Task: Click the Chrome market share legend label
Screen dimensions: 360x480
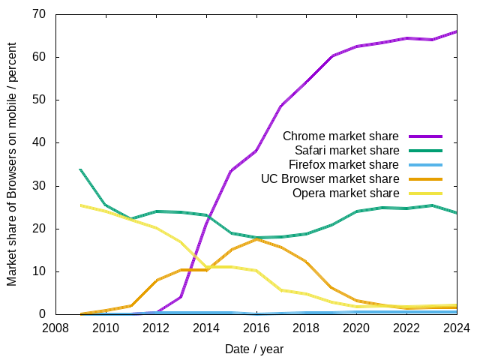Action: (340, 136)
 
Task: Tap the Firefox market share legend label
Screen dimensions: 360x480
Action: (343, 165)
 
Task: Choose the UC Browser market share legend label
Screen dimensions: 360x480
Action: (330, 179)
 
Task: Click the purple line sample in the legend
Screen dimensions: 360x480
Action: (425, 136)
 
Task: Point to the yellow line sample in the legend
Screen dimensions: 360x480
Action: (425, 193)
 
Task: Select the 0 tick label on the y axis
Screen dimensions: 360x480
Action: (43, 314)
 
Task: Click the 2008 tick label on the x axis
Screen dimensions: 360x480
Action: (55, 328)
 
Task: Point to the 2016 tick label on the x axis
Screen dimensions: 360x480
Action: (256, 328)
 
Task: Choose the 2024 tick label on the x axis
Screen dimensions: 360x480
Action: (457, 328)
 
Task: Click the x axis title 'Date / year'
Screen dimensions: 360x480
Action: (255, 349)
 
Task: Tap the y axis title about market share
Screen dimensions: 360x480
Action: (12, 164)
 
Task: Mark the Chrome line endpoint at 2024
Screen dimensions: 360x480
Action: (457, 31)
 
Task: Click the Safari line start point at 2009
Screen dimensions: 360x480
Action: (79, 169)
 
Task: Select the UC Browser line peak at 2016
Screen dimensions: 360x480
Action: (256, 238)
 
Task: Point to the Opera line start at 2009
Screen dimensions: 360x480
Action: (79, 205)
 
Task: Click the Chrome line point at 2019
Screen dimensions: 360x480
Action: (331, 56)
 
